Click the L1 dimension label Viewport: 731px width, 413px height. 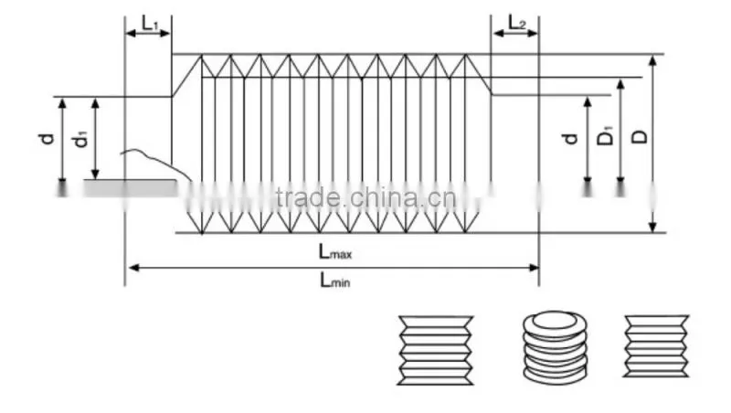pyautogui.click(x=150, y=23)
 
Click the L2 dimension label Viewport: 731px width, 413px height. pyautogui.click(x=516, y=22)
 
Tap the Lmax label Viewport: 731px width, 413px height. pyautogui.click(x=335, y=251)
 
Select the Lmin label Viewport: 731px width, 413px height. pyautogui.click(x=334, y=281)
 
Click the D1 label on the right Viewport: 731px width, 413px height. pyautogui.click(x=605, y=136)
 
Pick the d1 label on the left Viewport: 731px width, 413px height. pyautogui.click(x=80, y=140)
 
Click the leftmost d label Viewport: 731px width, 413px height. pyautogui.click(x=47, y=139)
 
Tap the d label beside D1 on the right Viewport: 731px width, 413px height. pyautogui.click(x=569, y=139)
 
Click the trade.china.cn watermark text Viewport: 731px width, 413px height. pyautogui.click(x=366, y=197)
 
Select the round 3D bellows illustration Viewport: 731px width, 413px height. pyautogui.click(x=555, y=347)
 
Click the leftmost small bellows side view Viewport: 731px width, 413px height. pyautogui.click(x=436, y=351)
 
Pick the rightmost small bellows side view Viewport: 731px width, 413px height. pyautogui.click(x=656, y=346)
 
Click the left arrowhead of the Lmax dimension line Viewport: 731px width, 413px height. pyautogui.click(x=133, y=268)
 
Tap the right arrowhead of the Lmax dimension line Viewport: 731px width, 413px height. pyautogui.click(x=534, y=268)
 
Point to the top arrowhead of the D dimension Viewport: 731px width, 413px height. pyautogui.click(x=653, y=61)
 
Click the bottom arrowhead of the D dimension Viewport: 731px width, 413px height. pyautogui.click(x=653, y=226)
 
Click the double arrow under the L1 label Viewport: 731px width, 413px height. pyautogui.click(x=148, y=33)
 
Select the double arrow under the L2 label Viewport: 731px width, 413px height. pyautogui.click(x=515, y=33)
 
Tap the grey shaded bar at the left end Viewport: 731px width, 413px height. pyautogui.click(x=131, y=188)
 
